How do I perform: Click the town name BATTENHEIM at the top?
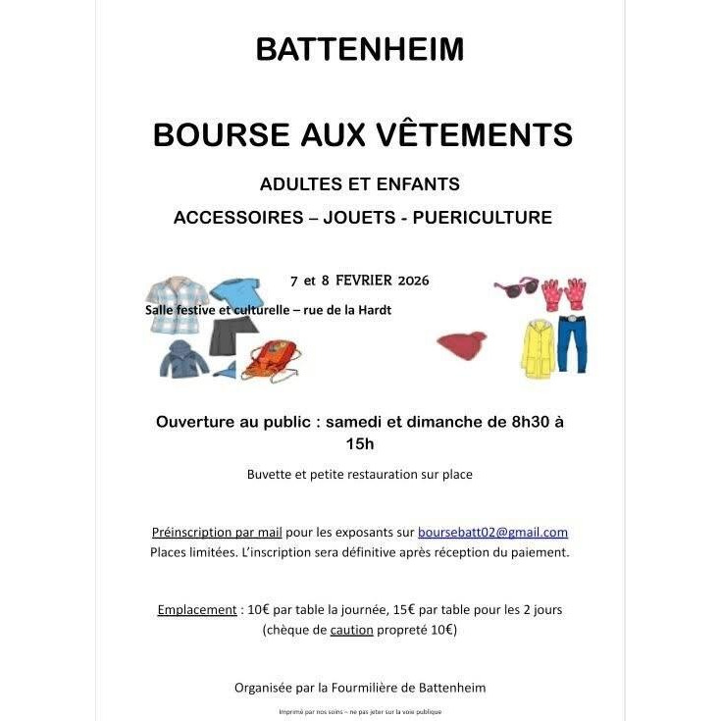click(x=360, y=49)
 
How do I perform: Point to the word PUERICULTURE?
click(x=483, y=217)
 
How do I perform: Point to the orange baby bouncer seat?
click(x=271, y=360)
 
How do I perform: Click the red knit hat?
click(x=462, y=345)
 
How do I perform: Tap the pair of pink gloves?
click(x=564, y=293)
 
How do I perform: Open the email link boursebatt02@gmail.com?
click(x=492, y=533)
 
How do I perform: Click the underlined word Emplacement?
click(x=197, y=609)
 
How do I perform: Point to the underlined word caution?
click(x=351, y=630)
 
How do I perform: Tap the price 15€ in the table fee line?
click(x=387, y=609)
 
